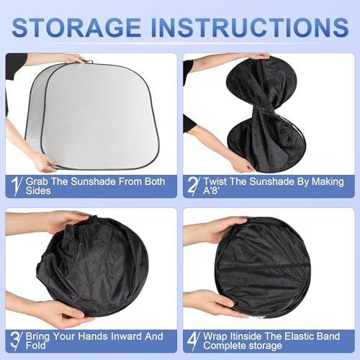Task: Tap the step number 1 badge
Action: tap(16, 186)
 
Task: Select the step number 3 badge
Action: tap(16, 339)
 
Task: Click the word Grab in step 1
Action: tap(41, 182)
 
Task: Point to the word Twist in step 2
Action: tap(220, 182)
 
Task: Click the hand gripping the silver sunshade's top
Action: tap(72, 58)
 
